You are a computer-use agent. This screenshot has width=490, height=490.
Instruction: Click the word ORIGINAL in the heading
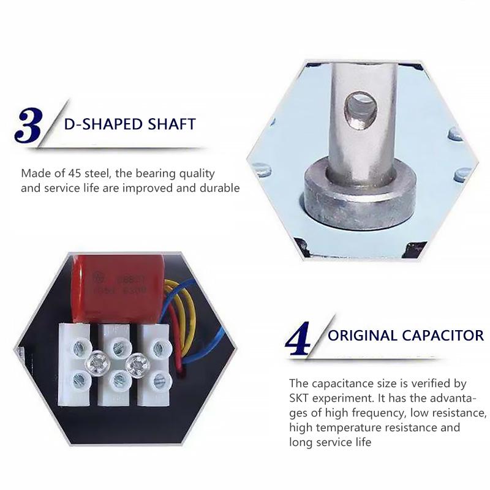pyautogui.click(x=363, y=336)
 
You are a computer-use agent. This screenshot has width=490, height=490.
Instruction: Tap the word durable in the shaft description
pyautogui.click(x=221, y=188)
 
